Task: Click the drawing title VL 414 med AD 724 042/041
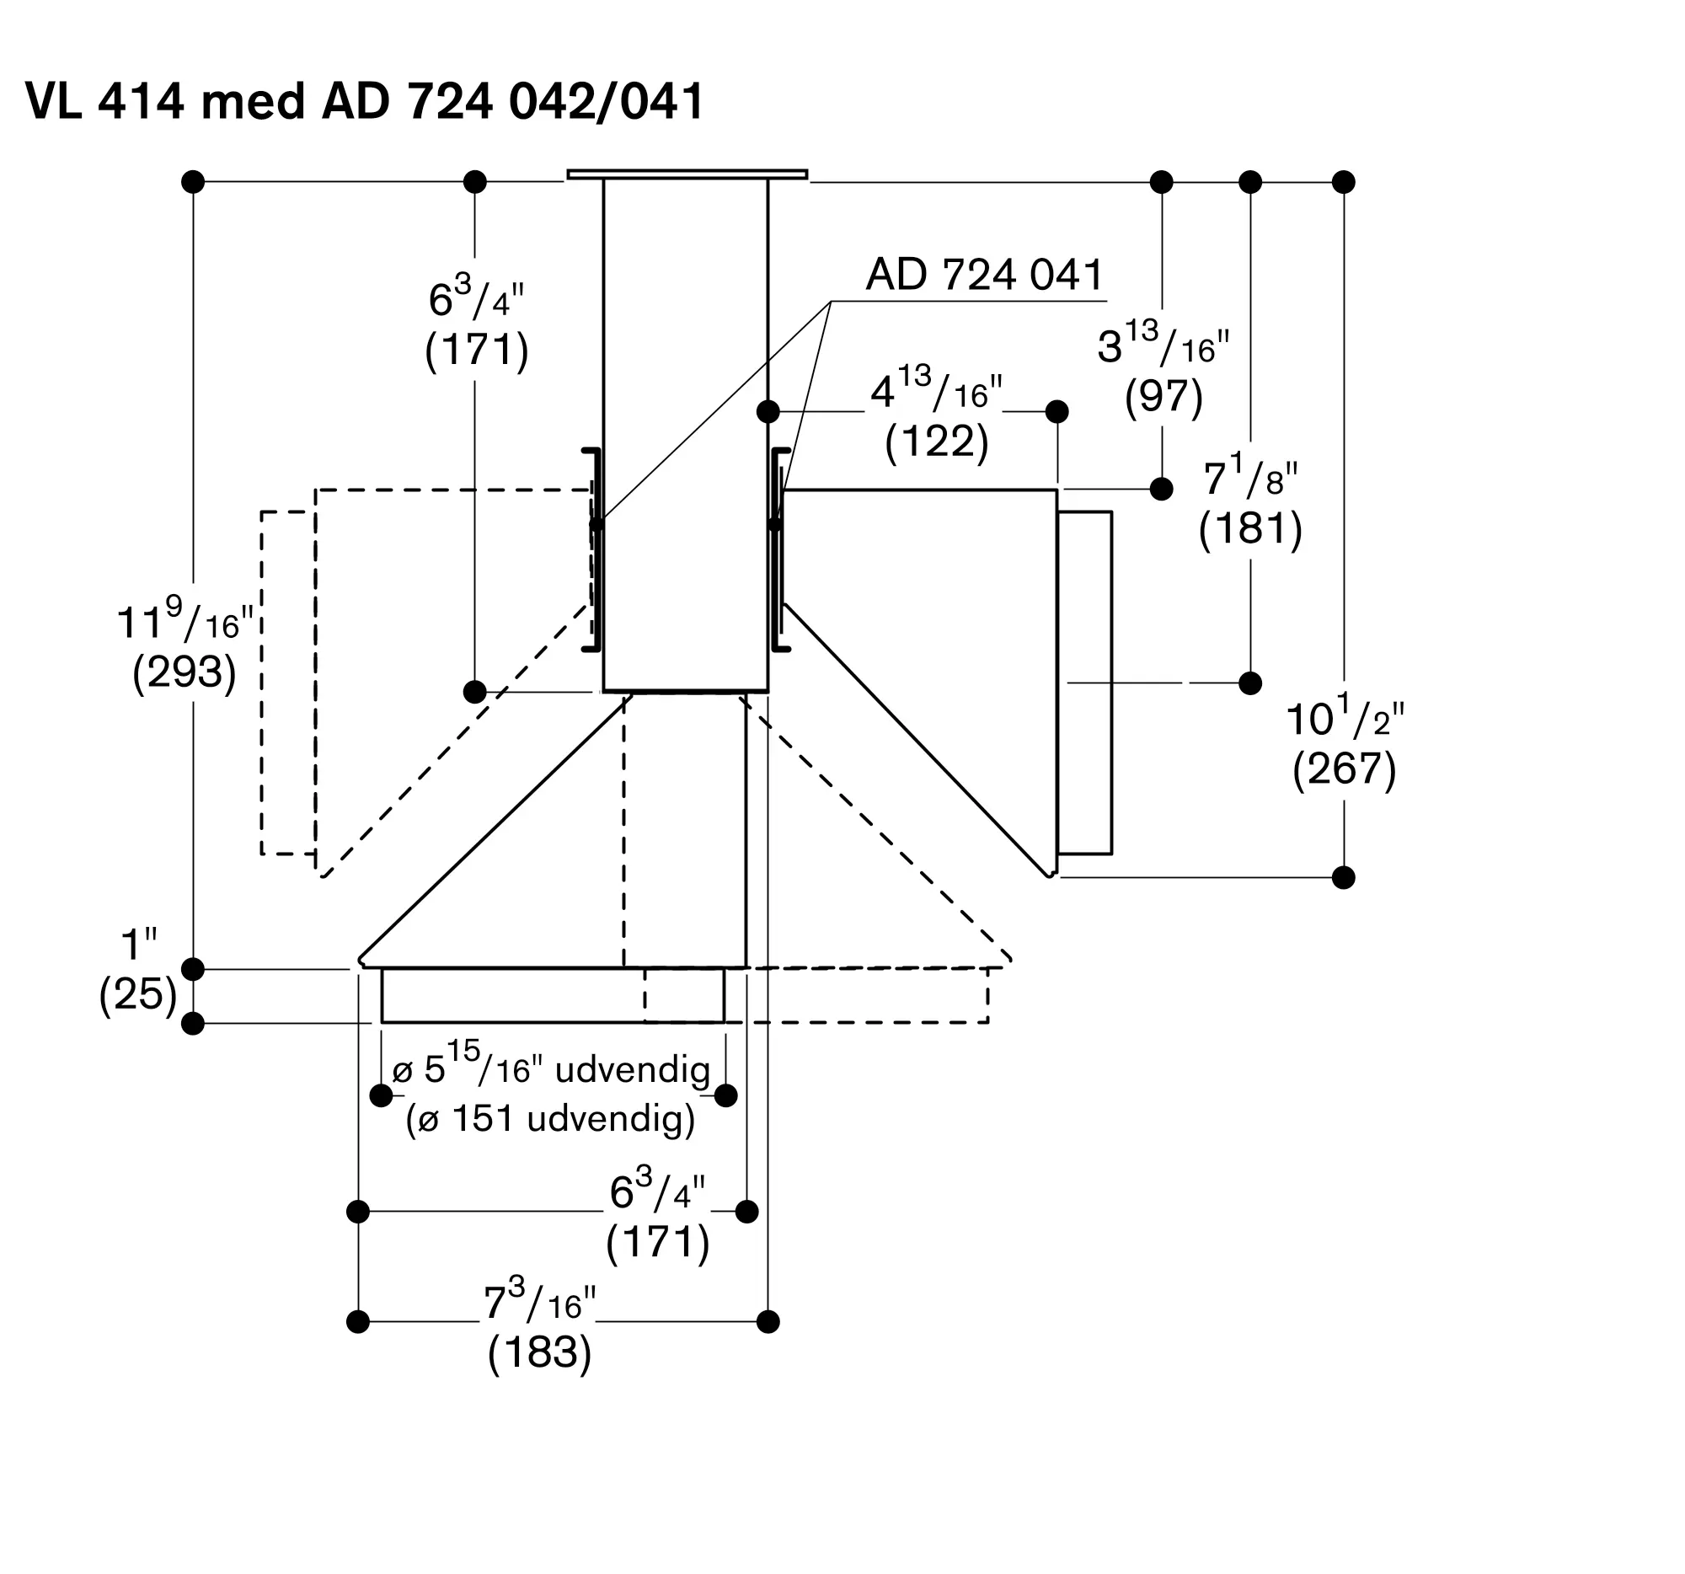(x=366, y=102)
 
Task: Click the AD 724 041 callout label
(x=985, y=275)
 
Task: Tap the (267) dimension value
(x=1345, y=768)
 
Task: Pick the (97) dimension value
(x=1163, y=395)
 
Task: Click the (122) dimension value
(x=937, y=442)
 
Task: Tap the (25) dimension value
(x=138, y=993)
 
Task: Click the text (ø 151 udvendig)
(x=551, y=1119)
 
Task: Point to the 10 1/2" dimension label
(x=1345, y=716)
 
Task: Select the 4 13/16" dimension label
(x=937, y=389)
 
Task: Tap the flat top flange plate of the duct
(x=687, y=174)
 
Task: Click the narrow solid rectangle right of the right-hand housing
(x=1085, y=683)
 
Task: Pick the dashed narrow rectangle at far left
(x=288, y=683)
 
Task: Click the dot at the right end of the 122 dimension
(x=1057, y=412)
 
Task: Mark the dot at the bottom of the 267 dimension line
(x=1344, y=877)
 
